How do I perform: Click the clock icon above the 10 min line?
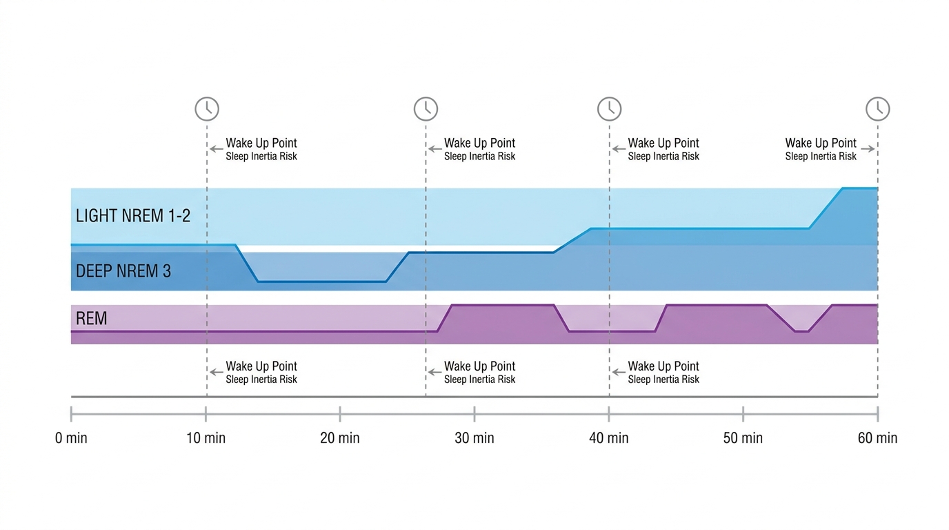[x=207, y=109]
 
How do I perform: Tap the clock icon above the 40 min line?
[x=609, y=109]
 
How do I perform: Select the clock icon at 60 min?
[x=878, y=109]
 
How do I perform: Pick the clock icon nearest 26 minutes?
[x=426, y=109]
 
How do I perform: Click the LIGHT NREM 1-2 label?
[x=133, y=216]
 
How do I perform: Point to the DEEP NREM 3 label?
[x=123, y=271]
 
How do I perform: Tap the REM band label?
[x=92, y=318]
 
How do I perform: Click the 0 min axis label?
[x=71, y=438]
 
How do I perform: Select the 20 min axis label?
[x=340, y=438]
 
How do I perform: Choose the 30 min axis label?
[x=474, y=438]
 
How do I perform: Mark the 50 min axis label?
[x=743, y=438]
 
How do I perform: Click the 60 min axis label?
[x=877, y=438]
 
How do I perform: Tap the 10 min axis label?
[x=206, y=438]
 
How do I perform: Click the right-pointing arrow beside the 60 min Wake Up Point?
[x=868, y=148]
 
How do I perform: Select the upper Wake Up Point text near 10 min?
[x=261, y=143]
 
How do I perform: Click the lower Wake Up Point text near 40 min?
[x=663, y=366]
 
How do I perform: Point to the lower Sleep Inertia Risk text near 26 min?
[x=479, y=380]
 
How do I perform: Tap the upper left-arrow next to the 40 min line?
[x=618, y=148]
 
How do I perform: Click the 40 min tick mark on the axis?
[x=609, y=413]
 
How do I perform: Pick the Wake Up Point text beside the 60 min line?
[x=821, y=143]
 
